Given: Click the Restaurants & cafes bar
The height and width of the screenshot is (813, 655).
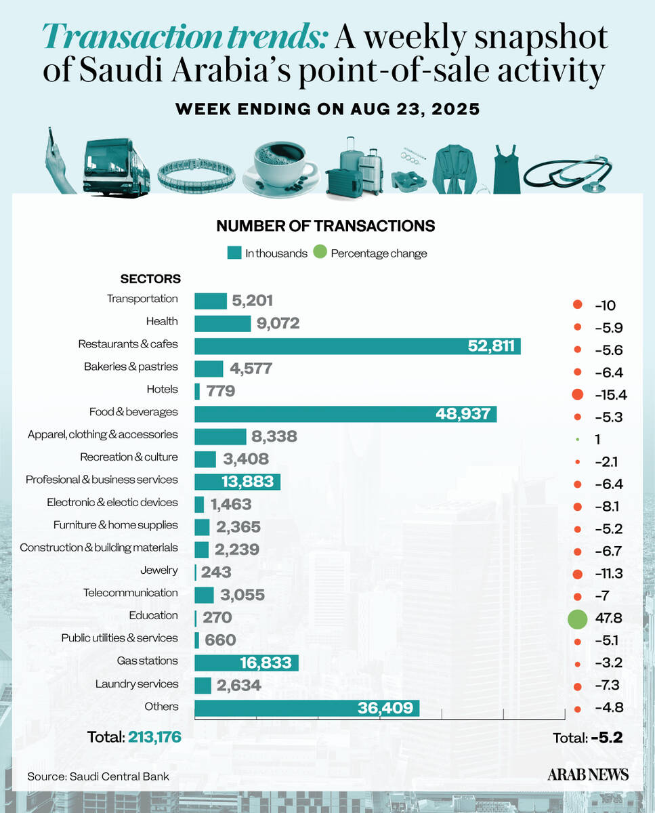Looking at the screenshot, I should pos(357,346).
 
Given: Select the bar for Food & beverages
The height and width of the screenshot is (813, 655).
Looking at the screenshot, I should pos(345,414).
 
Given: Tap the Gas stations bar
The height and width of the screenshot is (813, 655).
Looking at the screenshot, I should pos(247,663).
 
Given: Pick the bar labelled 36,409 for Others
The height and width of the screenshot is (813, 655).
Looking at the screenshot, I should pos(307,709).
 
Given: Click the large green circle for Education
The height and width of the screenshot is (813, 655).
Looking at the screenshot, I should pos(577,619).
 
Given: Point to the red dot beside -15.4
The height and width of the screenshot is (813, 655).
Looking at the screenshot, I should pos(577,394).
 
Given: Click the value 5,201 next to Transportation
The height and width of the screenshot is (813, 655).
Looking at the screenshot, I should pos(253,301).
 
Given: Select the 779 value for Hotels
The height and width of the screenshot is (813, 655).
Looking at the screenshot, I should pos(219,392).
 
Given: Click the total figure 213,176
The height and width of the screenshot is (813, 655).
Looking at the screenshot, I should pos(154,737).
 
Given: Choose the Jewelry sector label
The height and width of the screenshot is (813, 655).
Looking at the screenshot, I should pos(159,570).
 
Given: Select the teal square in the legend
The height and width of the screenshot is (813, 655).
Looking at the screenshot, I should pos(234,253).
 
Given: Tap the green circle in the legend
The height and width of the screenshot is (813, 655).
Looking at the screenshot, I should pos(320,253).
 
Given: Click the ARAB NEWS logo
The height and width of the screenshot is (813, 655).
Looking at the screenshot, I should pos(588,774).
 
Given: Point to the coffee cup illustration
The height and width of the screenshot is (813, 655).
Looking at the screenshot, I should pos(282,165).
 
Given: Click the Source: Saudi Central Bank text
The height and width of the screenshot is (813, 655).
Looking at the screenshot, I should pos(98,776).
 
